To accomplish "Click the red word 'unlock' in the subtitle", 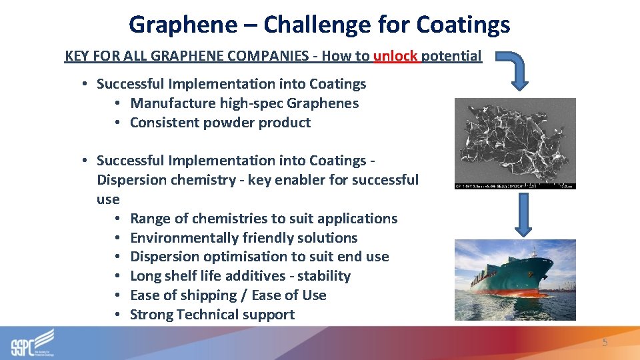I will click(395, 55).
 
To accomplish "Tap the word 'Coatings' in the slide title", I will click(463, 25).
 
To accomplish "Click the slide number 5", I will click(605, 343).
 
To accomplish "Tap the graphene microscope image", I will click(514, 143).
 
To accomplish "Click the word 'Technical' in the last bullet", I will click(205, 315).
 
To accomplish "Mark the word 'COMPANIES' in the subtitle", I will click(271, 55).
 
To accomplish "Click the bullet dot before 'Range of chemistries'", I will click(117, 219).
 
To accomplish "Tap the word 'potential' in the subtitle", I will click(451, 55).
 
